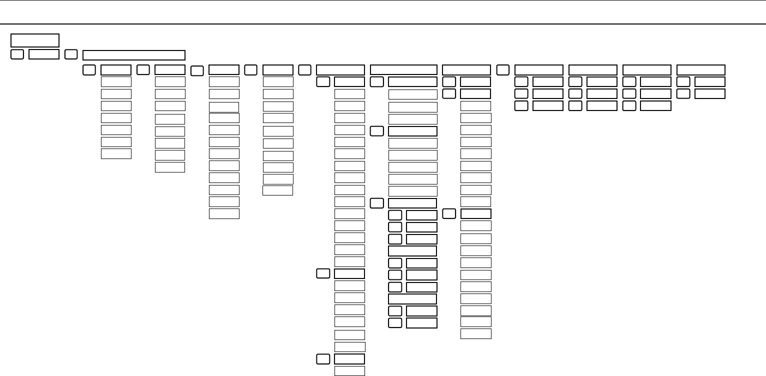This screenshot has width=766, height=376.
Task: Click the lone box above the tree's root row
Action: tap(35, 40)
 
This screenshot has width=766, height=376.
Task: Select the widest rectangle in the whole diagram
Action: tap(134, 55)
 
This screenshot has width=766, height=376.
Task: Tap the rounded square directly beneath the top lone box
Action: tap(16, 54)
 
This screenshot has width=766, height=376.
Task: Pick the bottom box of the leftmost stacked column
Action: tap(116, 153)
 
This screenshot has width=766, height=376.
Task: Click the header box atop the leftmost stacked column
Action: tap(116, 70)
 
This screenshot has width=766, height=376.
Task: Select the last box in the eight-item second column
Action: tap(170, 167)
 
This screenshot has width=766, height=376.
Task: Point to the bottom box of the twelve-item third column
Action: tap(224, 213)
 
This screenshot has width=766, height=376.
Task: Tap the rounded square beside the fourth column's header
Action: tap(251, 70)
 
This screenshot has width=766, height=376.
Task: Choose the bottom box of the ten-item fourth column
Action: tap(278, 190)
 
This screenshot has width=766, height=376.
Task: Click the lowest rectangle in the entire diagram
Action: tap(349, 370)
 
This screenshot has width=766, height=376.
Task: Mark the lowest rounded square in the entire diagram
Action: tap(323, 358)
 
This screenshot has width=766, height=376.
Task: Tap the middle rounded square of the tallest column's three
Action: tap(323, 273)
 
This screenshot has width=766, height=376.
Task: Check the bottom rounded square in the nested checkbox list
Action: tap(395, 322)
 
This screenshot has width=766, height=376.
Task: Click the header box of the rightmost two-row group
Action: tap(700, 70)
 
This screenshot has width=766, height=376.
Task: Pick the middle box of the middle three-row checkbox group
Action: tap(601, 93)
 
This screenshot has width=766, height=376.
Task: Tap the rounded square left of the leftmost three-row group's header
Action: tap(503, 70)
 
